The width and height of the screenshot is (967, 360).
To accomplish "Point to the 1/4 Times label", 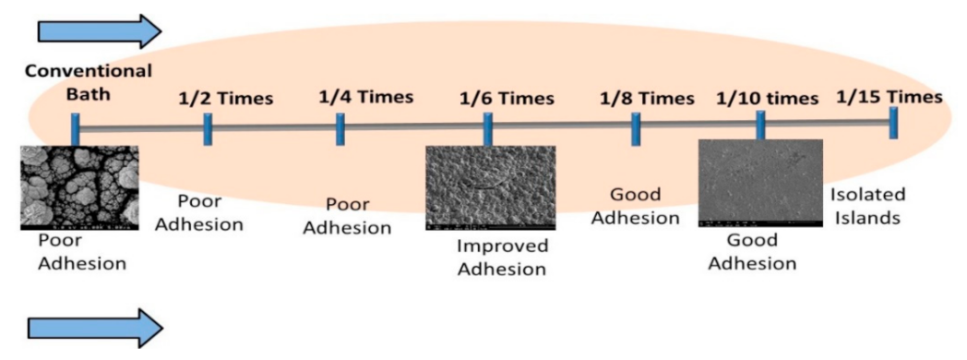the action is click(365, 95).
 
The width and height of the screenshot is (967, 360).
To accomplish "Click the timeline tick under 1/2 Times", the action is click(209, 130).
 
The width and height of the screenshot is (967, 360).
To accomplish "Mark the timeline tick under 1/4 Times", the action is click(340, 130).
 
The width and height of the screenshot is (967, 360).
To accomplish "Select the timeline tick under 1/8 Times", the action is click(636, 127).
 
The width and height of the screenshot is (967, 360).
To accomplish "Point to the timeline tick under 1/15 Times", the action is click(893, 123).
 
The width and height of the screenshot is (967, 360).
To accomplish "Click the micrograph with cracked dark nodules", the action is click(79, 187).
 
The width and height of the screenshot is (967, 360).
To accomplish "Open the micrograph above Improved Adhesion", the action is click(490, 187).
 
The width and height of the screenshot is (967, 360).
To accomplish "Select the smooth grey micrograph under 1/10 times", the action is click(759, 184).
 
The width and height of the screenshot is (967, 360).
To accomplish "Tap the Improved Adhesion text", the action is click(503, 258).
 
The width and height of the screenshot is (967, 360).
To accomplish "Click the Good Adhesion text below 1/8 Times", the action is click(645, 207).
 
